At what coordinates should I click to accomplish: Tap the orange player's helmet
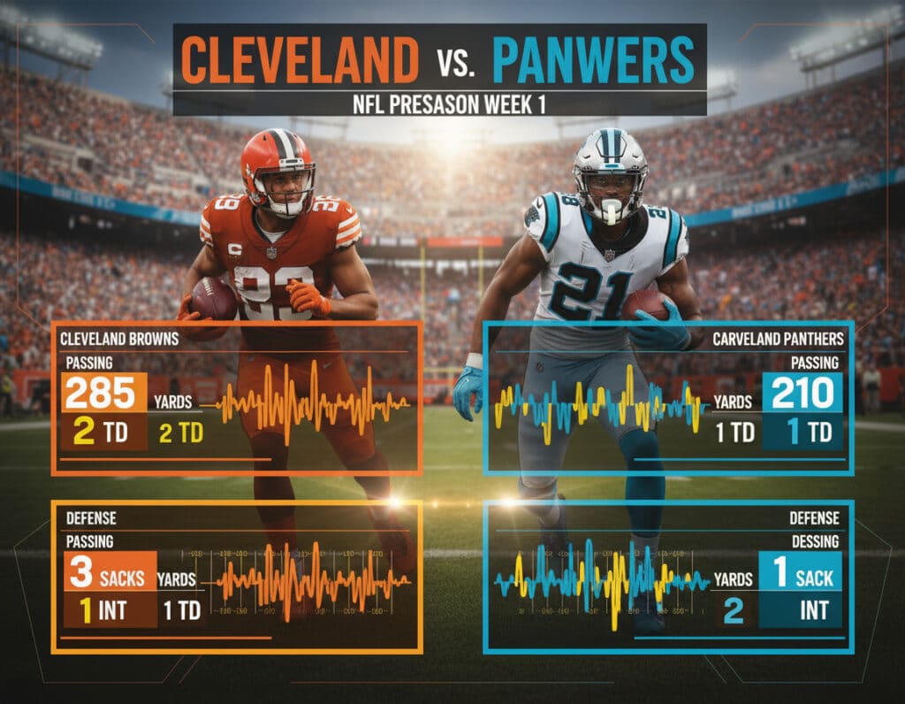pyautogui.click(x=278, y=168)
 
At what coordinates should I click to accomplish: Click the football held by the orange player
pyautogui.click(x=213, y=298)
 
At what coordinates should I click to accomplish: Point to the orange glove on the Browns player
pyautogui.click(x=308, y=298)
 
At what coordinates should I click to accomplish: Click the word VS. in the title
pyautogui.click(x=455, y=64)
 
